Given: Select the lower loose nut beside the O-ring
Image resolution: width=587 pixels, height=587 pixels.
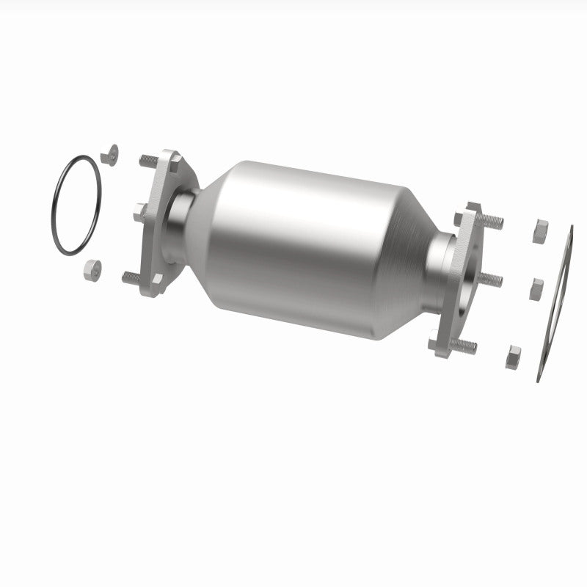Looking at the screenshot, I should click(x=92, y=269).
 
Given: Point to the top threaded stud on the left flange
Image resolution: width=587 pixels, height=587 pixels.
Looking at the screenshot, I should click(x=147, y=158).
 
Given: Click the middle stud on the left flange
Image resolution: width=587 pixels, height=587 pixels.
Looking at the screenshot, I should click(x=140, y=214).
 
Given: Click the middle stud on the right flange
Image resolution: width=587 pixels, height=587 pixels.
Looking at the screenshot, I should click(x=490, y=280).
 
